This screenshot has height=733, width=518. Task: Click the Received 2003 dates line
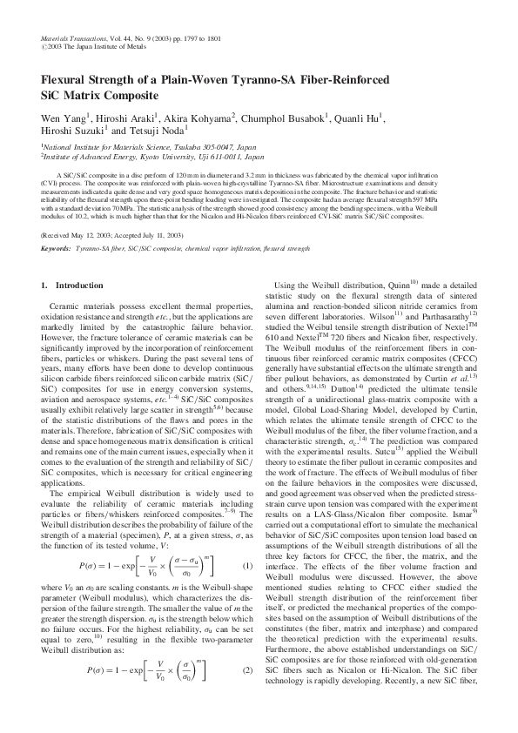click(113, 236)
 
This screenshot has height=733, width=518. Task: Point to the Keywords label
click(56, 248)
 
